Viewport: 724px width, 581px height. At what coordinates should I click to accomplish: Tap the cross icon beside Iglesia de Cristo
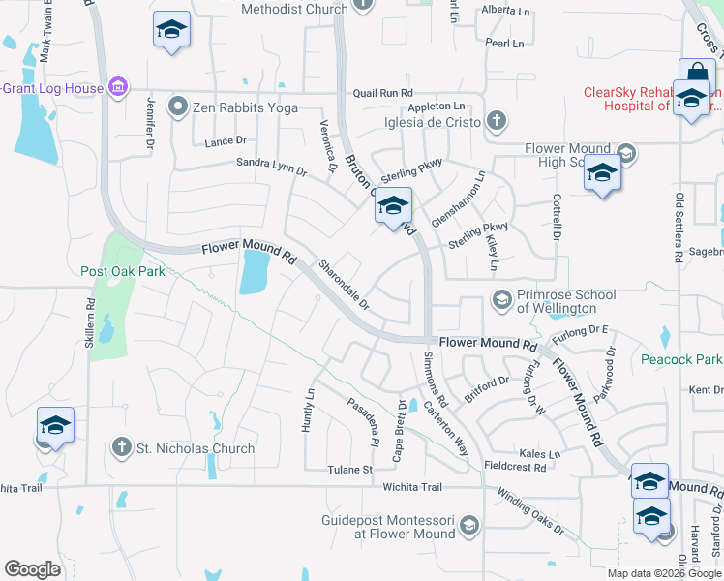(x=497, y=121)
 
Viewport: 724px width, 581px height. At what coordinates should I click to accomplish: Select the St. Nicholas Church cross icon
(x=122, y=447)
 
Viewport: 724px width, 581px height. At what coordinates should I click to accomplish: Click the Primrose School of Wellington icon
(x=501, y=299)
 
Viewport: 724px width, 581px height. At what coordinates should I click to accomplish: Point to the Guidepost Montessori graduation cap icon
(x=469, y=525)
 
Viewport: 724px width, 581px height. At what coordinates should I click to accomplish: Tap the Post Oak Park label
(x=123, y=272)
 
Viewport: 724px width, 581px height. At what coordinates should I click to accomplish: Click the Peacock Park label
(x=681, y=359)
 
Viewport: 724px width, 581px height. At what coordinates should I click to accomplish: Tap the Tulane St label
(x=353, y=470)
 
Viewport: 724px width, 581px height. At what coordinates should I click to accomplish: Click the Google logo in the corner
(x=32, y=569)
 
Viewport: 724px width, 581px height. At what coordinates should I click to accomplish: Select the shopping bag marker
(x=697, y=75)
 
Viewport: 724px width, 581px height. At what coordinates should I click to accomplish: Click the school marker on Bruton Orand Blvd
(x=393, y=207)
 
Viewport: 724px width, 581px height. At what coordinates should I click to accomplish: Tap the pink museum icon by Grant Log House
(x=118, y=88)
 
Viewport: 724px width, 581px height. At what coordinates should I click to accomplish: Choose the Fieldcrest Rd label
(x=514, y=467)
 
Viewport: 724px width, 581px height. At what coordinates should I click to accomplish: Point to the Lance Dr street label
(x=226, y=141)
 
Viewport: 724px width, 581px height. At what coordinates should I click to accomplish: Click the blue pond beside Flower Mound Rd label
(x=253, y=272)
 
